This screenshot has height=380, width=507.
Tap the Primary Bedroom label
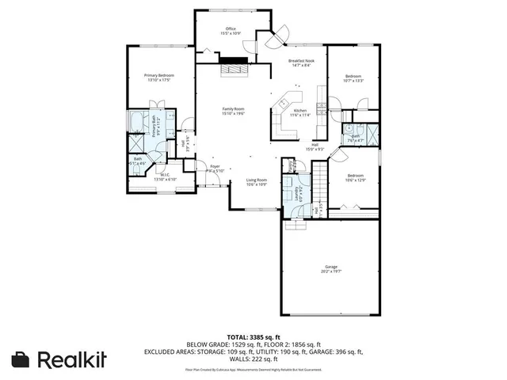coord(158,77)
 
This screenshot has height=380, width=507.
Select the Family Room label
coord(233,111)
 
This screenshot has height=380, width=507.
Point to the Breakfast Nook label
coord(302,62)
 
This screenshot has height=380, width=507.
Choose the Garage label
coord(331,268)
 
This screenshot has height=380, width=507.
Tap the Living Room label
coord(256,182)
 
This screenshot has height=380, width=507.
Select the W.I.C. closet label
coord(165,177)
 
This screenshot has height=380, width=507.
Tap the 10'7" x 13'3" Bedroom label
coord(353,78)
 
